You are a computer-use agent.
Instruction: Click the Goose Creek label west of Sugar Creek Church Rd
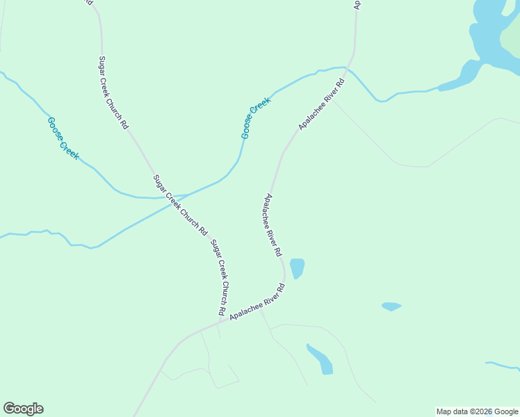pyautogui.click(x=63, y=138)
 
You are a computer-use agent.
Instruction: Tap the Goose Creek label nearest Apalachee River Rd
pyautogui.click(x=255, y=117)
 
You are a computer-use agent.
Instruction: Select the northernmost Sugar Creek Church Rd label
pyautogui.click(x=113, y=93)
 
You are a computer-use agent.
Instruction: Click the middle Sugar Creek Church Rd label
pyautogui.click(x=180, y=204)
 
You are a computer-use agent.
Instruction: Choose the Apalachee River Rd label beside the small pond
pyautogui.click(x=272, y=223)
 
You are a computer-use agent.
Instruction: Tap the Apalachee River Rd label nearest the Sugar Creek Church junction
pyautogui.click(x=257, y=303)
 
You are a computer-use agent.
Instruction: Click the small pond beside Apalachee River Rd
pyautogui.click(x=297, y=268)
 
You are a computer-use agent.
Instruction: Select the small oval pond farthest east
pyautogui.click(x=391, y=306)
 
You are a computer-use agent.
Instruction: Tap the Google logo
pyautogui.click(x=23, y=409)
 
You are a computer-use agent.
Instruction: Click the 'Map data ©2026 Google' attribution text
pyautogui.click(x=477, y=411)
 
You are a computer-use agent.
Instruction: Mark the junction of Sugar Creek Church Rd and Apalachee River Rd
pyautogui.click(x=220, y=321)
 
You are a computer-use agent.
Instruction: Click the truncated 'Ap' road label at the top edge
pyautogui.click(x=357, y=4)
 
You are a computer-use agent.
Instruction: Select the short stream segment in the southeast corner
pyautogui.click(x=502, y=365)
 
